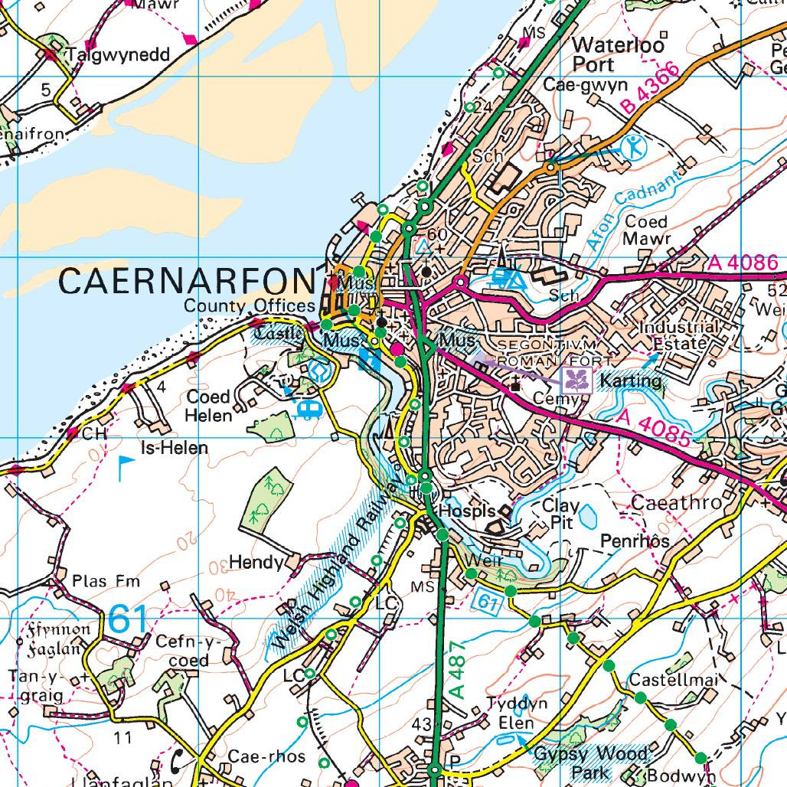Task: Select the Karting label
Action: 630,380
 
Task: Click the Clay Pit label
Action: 560,514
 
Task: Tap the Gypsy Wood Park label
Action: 591,763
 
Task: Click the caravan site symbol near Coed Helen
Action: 308,410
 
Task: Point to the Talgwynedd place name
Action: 116,54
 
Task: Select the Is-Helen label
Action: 174,447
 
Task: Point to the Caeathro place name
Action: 677,503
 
